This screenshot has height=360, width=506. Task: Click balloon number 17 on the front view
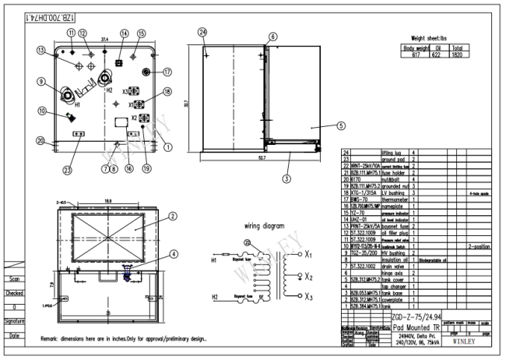[167, 72]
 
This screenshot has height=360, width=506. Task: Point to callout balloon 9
[40, 82]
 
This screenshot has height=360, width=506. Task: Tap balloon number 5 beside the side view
[340, 125]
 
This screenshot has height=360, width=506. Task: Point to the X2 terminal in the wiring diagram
[311, 276]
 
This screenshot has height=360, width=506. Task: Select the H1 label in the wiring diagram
[214, 261]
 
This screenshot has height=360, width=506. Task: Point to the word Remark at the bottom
[52, 339]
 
